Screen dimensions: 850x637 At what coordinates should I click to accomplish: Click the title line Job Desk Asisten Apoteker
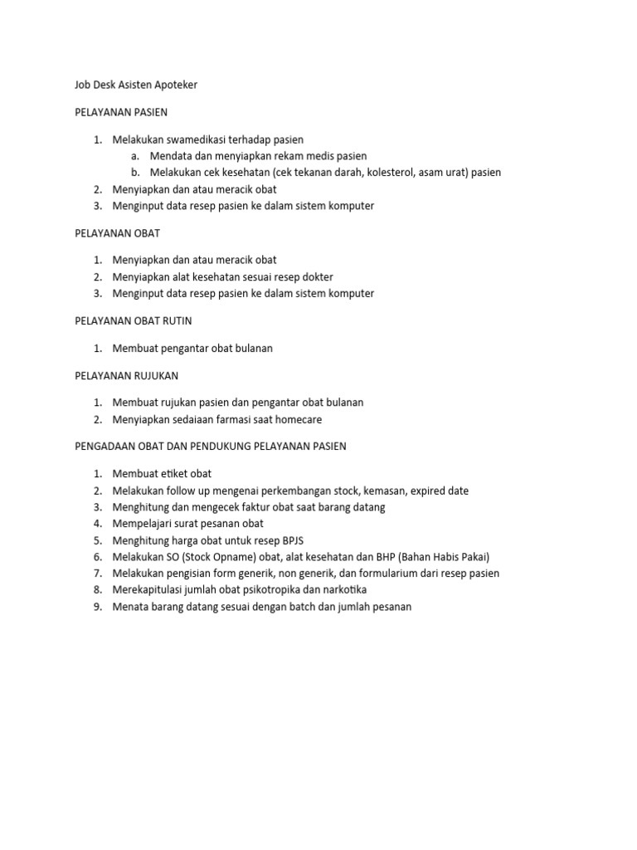coord(136,85)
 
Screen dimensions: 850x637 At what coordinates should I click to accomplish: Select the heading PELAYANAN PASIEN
coord(121,112)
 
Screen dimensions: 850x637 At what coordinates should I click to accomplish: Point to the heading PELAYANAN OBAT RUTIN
coord(133,320)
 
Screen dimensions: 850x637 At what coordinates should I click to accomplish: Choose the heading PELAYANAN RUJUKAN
coord(126,375)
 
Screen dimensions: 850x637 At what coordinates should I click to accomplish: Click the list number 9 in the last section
coord(97,607)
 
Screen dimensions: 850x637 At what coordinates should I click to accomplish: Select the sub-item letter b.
coord(134,173)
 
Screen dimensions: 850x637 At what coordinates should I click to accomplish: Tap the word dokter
coord(316,276)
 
